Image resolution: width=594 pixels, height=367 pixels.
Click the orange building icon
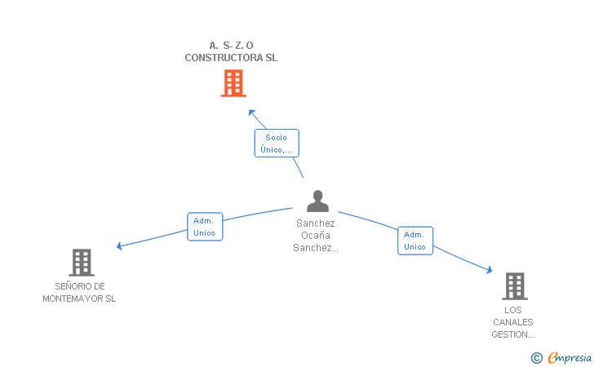[x=233, y=83]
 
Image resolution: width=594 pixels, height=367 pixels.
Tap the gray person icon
[x=317, y=201]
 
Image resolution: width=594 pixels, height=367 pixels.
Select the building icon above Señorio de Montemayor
[x=81, y=263]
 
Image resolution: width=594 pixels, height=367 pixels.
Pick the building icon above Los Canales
[x=513, y=286]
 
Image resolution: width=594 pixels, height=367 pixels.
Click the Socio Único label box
[x=277, y=144]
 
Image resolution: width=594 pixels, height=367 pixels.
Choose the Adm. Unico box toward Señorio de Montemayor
[x=205, y=227]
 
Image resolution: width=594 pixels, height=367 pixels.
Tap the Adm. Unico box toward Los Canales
[x=414, y=241]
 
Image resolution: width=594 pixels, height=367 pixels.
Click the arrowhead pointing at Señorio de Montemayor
[x=119, y=245]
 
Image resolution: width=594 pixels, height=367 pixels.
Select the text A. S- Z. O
[x=231, y=46]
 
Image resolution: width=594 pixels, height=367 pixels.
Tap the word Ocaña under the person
[x=316, y=236]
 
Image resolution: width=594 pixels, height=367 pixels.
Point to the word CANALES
[x=513, y=322]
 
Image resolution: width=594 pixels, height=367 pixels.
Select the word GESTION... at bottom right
[x=513, y=334]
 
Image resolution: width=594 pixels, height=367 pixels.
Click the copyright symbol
[x=536, y=357]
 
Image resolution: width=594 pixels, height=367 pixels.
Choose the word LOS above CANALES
[x=513, y=310]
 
